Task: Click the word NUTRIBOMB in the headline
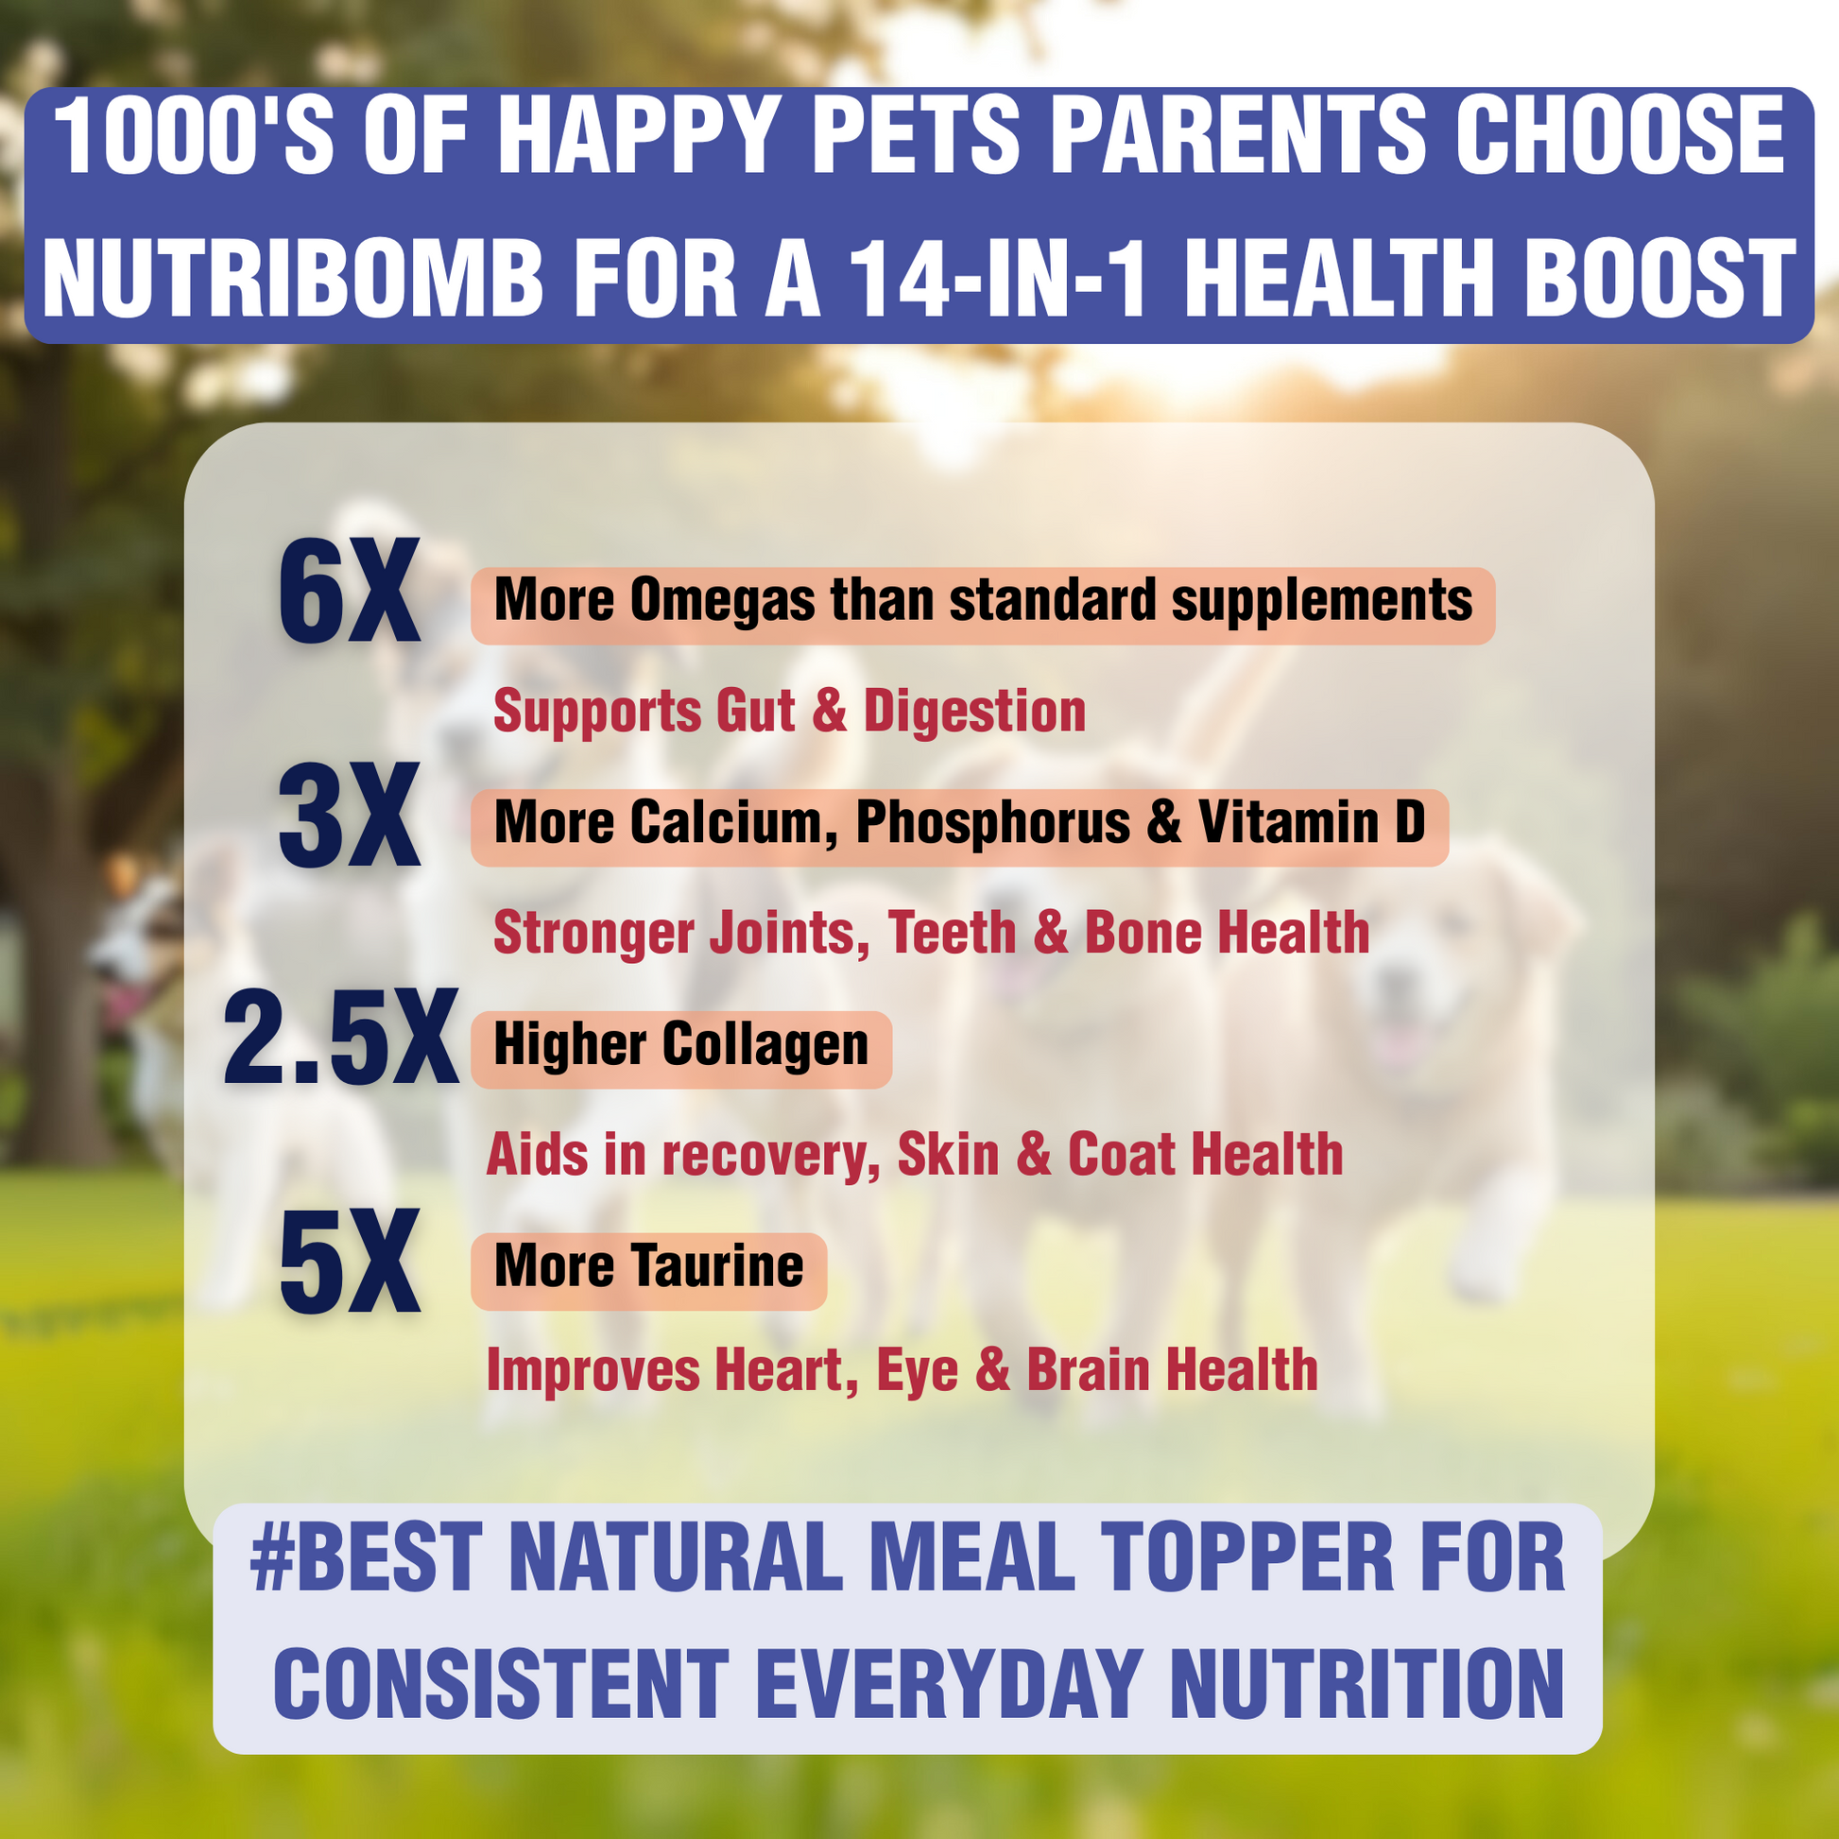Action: coord(292,278)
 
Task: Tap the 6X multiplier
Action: coord(349,593)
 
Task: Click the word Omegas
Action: coord(721,601)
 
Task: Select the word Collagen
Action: coord(765,1044)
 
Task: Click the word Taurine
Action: coord(717,1266)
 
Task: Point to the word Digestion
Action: coord(974,711)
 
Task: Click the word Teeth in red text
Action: coord(952,932)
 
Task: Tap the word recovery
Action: coord(771,1155)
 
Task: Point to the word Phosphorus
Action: coord(993,821)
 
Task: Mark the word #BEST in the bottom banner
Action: coord(370,1557)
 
